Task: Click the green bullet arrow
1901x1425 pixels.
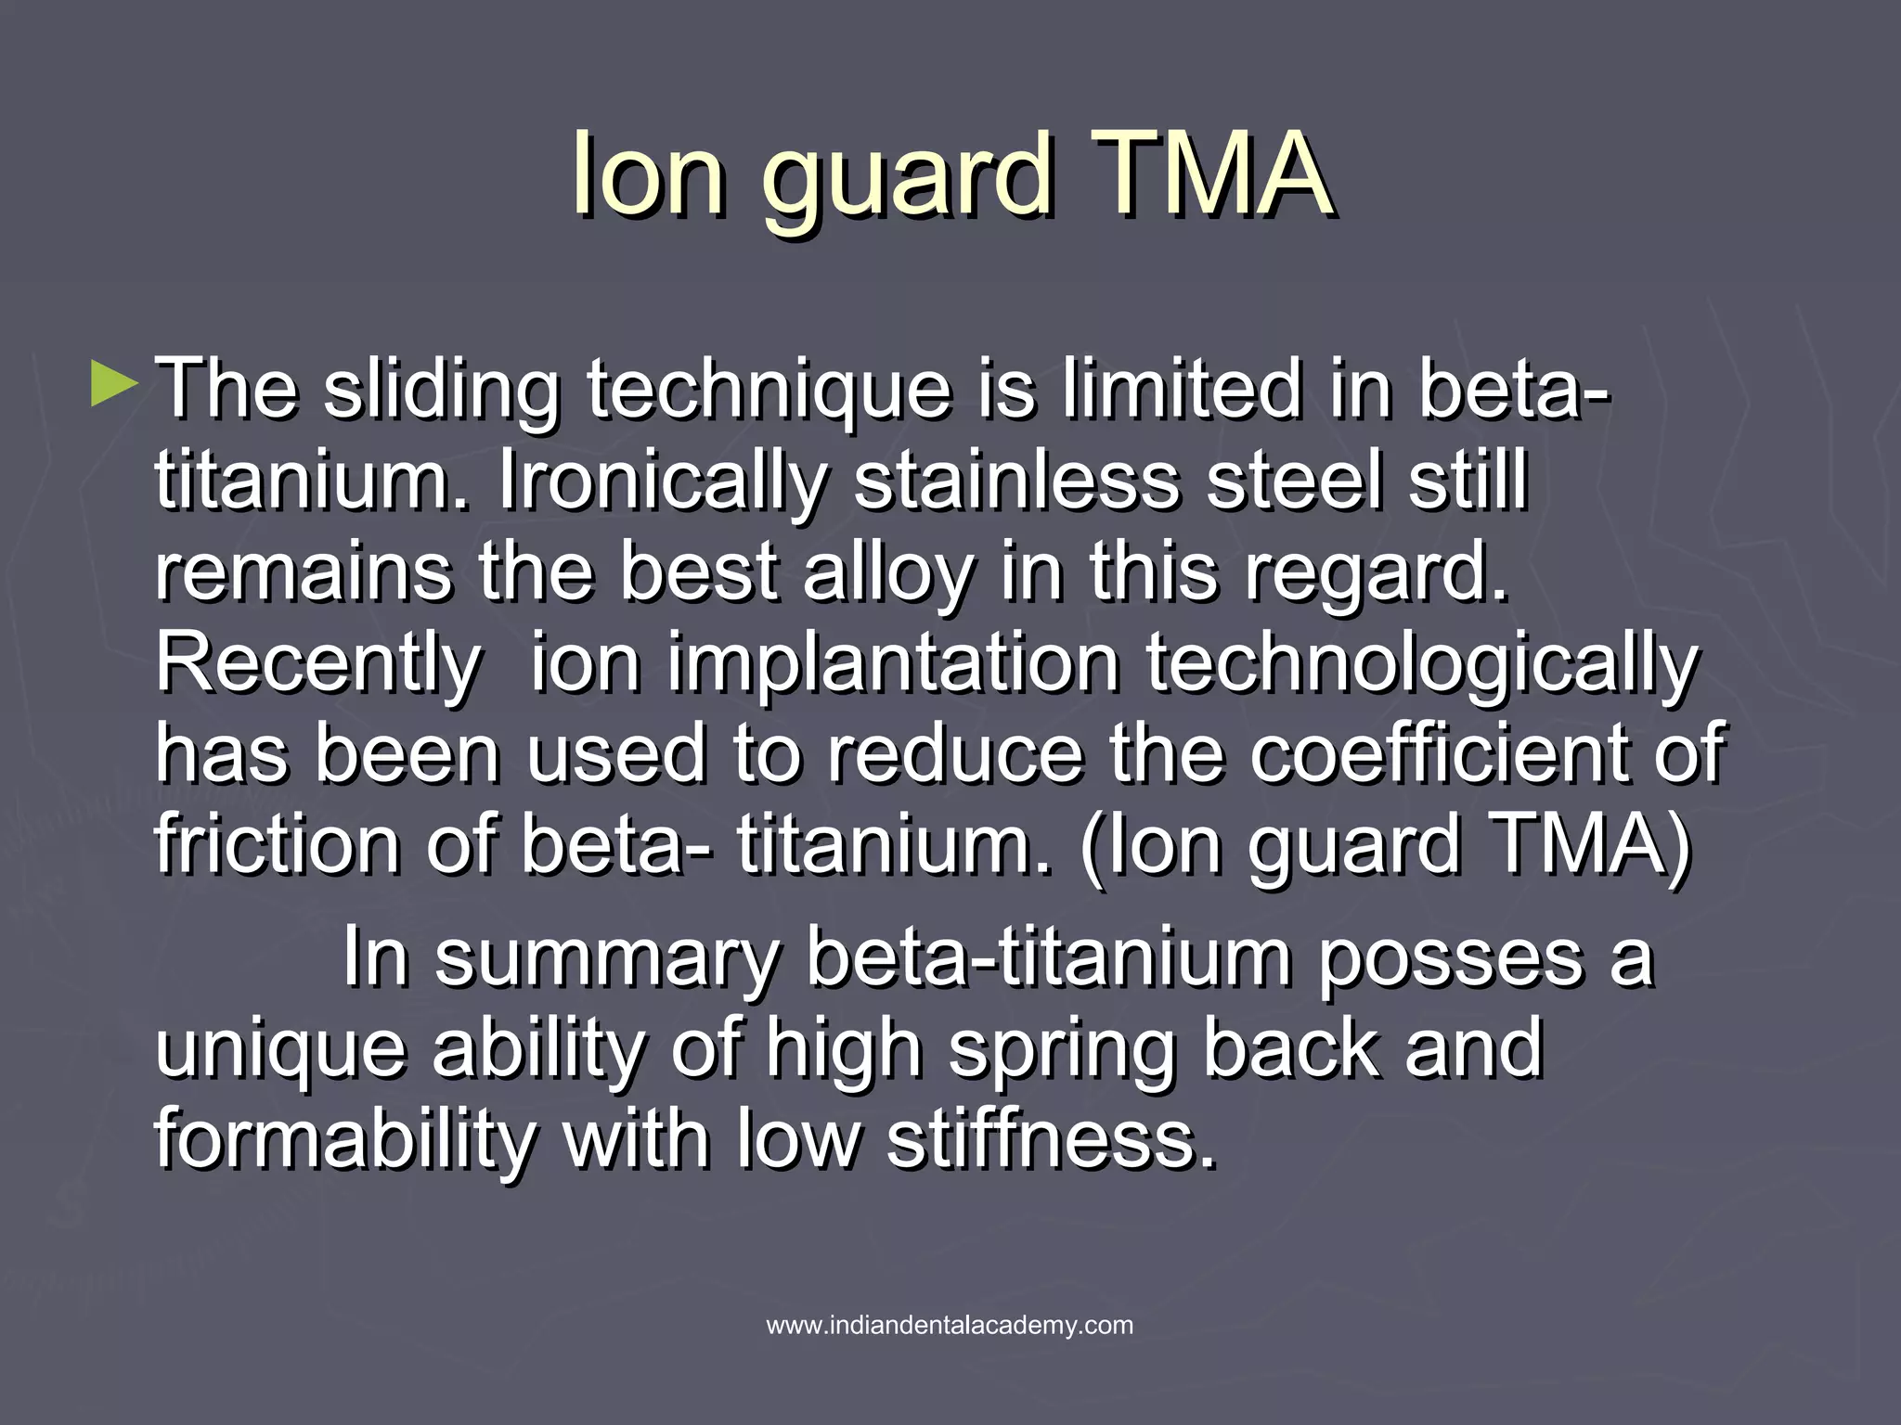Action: pos(114,386)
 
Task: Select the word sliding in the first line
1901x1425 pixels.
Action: pos(441,392)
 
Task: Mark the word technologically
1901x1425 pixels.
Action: pos(1423,664)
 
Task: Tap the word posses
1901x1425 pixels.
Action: pos(1450,959)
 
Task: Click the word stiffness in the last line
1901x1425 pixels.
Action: pos(1051,1139)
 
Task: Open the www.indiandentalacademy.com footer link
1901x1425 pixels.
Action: pos(950,1325)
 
